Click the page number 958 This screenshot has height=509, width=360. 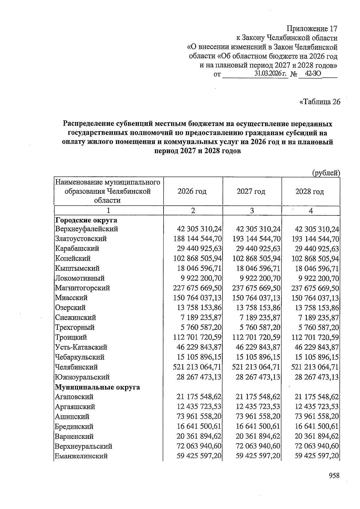coord(334,476)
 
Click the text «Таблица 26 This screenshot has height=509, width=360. coord(319,102)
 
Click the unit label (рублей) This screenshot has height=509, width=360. coord(326,173)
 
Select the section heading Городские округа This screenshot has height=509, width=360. coord(86,220)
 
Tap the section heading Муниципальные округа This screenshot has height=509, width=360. coord(97,387)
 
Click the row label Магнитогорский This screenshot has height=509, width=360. coord(82,288)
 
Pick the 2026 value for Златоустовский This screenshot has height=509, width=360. coord(197,239)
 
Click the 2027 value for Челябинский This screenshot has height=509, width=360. coord(256,367)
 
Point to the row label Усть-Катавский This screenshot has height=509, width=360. coord(81,347)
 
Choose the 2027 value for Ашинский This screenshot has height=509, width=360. coord(258,417)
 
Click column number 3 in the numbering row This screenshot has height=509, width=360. coord(252,211)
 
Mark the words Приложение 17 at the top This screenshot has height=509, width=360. coord(312,29)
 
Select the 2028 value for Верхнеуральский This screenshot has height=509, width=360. coord(317,446)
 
